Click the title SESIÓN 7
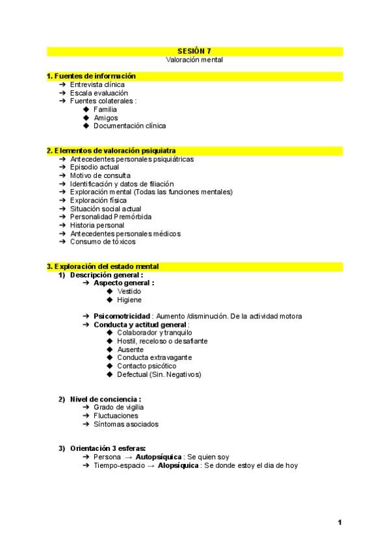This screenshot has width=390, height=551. coord(194,51)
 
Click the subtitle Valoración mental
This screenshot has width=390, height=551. coord(194,59)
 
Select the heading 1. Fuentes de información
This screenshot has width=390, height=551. coord(91,76)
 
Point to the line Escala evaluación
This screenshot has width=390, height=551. coord(99,93)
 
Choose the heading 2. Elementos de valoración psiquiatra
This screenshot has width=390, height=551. coord(111,151)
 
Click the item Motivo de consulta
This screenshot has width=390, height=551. coord(100,175)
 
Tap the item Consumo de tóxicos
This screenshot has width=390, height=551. coord(103,242)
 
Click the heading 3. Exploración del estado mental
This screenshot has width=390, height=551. coord(103,266)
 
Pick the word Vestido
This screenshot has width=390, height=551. coord(129,291)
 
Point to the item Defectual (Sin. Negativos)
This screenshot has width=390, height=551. coord(159,374)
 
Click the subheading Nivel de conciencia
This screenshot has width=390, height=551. coord(105,399)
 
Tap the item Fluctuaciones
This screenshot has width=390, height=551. coord(116,416)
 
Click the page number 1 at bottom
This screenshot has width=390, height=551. coord(340,522)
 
